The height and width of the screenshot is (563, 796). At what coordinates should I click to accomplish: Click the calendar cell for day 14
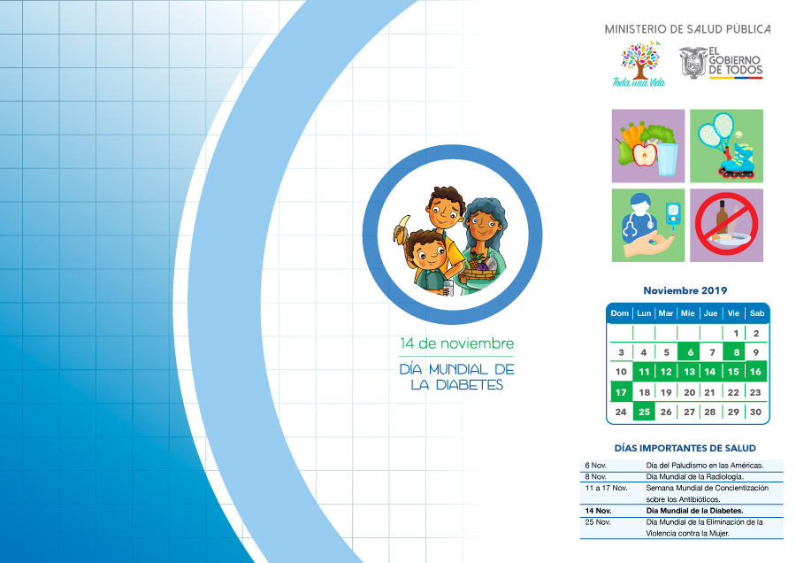click(x=710, y=372)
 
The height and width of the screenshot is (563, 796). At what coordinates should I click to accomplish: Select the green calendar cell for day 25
click(x=644, y=412)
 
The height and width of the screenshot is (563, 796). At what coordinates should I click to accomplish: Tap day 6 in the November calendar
click(x=690, y=351)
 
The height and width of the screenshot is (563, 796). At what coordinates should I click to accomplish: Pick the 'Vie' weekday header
click(x=733, y=313)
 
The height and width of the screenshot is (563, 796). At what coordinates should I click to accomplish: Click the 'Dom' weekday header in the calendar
click(x=619, y=313)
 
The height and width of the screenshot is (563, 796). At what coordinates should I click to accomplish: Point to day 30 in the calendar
click(x=755, y=412)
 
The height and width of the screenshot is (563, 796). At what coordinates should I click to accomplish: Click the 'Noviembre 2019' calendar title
click(x=685, y=290)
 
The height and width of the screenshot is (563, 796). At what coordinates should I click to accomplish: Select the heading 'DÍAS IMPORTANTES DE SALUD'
click(x=685, y=448)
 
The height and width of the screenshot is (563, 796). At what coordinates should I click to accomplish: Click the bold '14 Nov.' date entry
click(x=598, y=511)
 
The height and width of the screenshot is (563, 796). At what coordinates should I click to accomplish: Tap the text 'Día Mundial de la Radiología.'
click(x=694, y=476)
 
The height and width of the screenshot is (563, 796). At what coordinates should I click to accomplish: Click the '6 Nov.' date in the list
click(x=595, y=465)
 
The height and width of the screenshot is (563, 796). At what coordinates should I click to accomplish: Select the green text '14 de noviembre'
click(x=456, y=343)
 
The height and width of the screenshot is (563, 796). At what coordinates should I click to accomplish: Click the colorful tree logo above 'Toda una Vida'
click(x=640, y=59)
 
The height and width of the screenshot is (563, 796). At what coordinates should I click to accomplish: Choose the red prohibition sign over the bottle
click(x=726, y=226)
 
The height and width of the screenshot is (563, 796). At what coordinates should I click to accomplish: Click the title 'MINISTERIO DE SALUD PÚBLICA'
click(x=687, y=29)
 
